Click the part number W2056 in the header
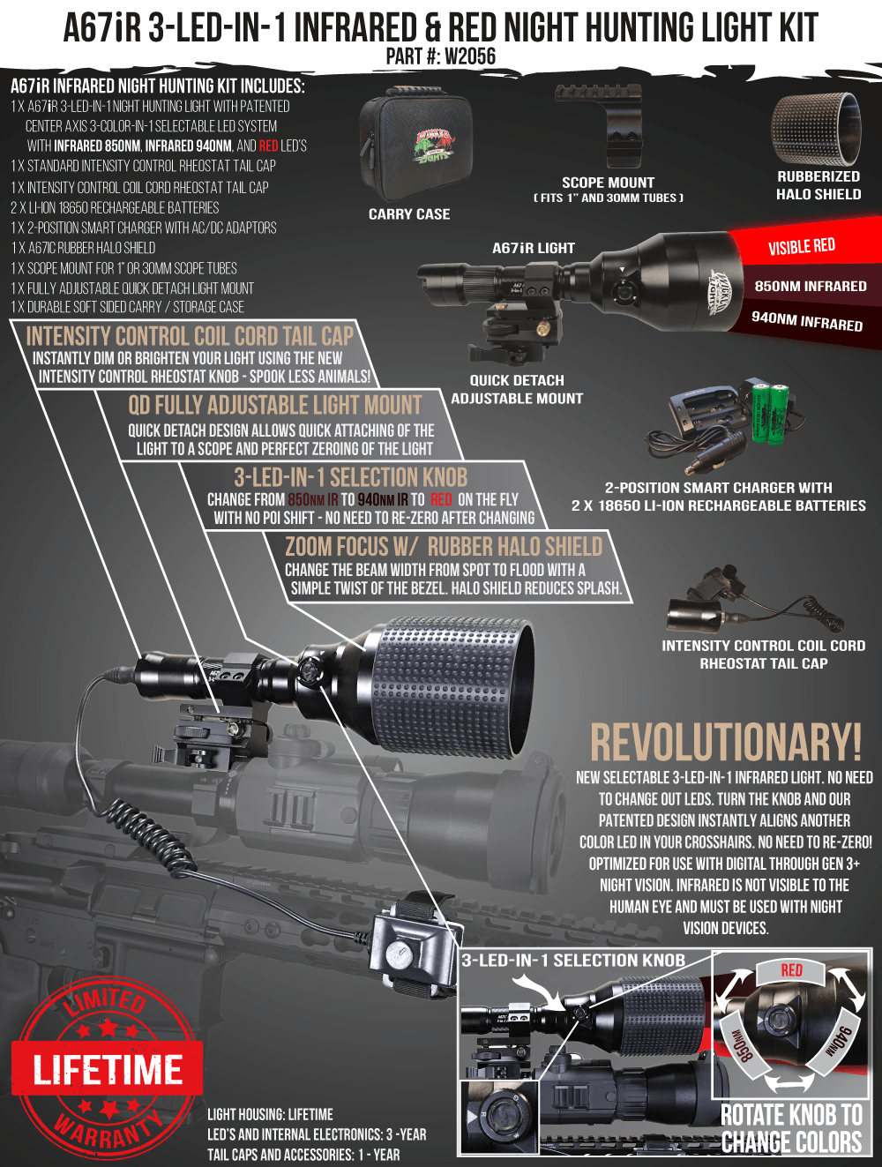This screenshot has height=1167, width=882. click(469, 56)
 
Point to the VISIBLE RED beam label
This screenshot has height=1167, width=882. click(801, 247)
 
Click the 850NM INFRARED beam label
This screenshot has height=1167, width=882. click(811, 287)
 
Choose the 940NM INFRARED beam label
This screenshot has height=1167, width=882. click(806, 322)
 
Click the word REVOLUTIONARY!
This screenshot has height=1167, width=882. click(726, 743)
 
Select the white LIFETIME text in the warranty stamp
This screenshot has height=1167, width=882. click(108, 1070)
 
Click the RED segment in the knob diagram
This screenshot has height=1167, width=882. click(791, 970)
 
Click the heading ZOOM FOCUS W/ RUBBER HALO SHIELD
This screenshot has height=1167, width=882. click(444, 547)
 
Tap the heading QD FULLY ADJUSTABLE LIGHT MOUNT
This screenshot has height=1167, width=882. click(275, 406)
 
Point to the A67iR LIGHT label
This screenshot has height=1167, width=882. click(534, 248)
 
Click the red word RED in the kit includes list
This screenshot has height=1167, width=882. click(268, 146)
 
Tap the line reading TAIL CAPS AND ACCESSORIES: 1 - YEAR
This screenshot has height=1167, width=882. click(303, 1155)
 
